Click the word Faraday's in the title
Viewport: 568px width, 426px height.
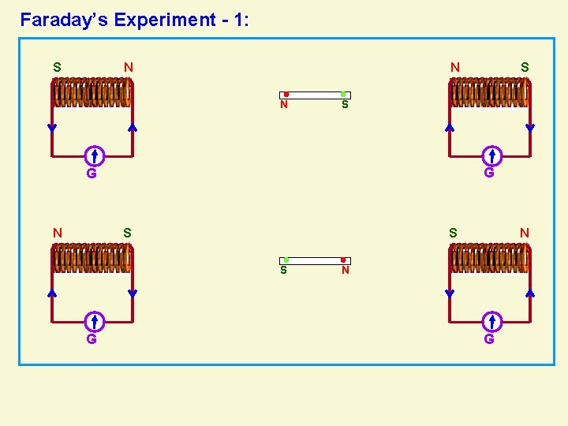coord(64,20)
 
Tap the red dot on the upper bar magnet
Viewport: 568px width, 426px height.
coord(286,95)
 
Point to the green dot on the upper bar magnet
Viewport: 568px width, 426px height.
coord(343,95)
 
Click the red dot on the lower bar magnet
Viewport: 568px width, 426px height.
coord(343,260)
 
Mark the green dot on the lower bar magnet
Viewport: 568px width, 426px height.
coord(286,260)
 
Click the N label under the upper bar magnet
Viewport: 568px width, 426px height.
coord(284,105)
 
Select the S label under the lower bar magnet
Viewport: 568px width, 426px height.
coord(284,271)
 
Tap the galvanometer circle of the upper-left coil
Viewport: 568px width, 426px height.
coord(93,155)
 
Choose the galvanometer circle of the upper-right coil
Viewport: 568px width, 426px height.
coord(491,155)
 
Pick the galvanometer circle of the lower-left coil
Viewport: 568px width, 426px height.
coord(93,321)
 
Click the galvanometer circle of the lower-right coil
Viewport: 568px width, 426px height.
coord(491,321)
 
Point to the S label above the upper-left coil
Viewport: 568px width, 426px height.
coord(57,67)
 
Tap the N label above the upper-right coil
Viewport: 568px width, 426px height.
coord(455,67)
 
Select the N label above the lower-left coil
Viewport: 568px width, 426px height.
coord(57,233)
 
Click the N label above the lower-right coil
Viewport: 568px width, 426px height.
coord(525,233)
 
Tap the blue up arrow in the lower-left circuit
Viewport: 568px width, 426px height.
coord(52,293)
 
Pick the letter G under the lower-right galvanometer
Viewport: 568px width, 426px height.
coord(489,339)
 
